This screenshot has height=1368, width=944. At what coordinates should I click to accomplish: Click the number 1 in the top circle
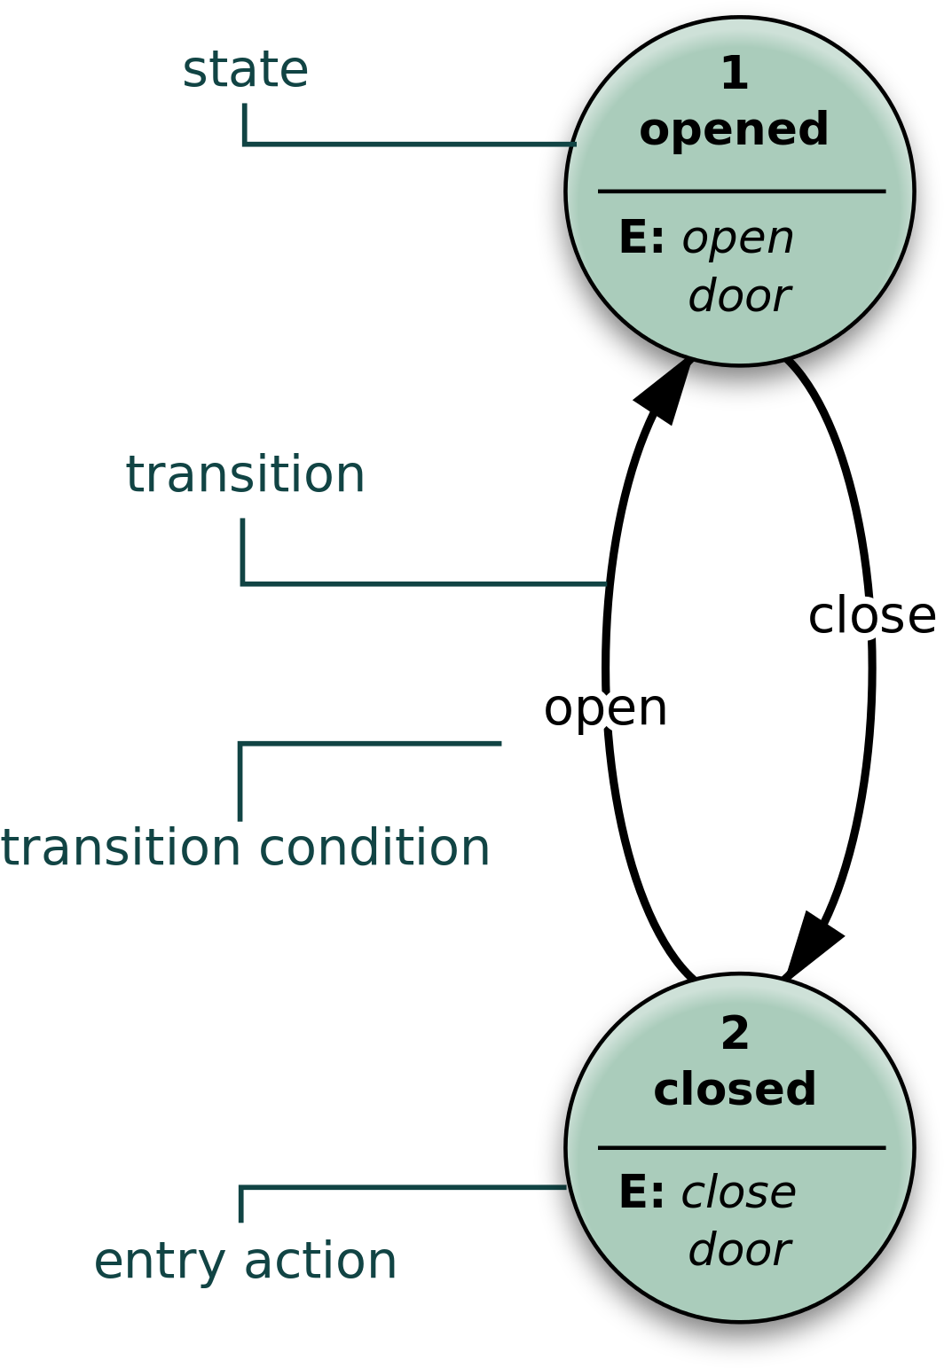pyautogui.click(x=735, y=73)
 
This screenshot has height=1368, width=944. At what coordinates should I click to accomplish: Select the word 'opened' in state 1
pyautogui.click(x=734, y=129)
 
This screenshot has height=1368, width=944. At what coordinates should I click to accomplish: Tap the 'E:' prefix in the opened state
pyautogui.click(x=641, y=238)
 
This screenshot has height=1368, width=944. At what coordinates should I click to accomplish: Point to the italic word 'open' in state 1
pyautogui.click(x=737, y=238)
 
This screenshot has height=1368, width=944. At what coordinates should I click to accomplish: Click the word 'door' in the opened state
pyautogui.click(x=738, y=295)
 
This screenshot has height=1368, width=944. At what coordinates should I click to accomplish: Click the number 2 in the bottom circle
pyautogui.click(x=735, y=1033)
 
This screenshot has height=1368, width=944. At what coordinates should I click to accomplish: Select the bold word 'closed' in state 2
pyautogui.click(x=735, y=1090)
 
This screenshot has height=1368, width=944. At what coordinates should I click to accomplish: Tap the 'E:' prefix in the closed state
pyautogui.click(x=641, y=1192)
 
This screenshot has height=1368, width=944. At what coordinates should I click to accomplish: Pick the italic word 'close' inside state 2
pyautogui.click(x=738, y=1192)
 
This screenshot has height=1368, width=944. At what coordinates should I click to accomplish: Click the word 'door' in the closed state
pyautogui.click(x=738, y=1250)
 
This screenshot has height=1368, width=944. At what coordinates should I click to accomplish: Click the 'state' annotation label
pyautogui.click(x=245, y=70)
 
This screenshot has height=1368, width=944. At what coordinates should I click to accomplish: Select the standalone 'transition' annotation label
pyautogui.click(x=245, y=474)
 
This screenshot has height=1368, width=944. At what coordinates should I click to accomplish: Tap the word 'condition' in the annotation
pyautogui.click(x=374, y=848)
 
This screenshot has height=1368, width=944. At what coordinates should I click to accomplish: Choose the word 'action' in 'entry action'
pyautogui.click(x=320, y=1261)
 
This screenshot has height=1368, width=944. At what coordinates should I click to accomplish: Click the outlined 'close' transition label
pyautogui.click(x=872, y=614)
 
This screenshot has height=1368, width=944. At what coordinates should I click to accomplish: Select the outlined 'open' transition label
pyautogui.click(x=606, y=708)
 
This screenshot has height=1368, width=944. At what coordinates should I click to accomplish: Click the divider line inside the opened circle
pyautogui.click(x=741, y=191)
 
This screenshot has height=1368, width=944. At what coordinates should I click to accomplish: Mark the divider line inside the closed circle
pyautogui.click(x=741, y=1147)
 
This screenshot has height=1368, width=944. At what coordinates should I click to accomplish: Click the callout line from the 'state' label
pyautogui.click(x=408, y=143)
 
